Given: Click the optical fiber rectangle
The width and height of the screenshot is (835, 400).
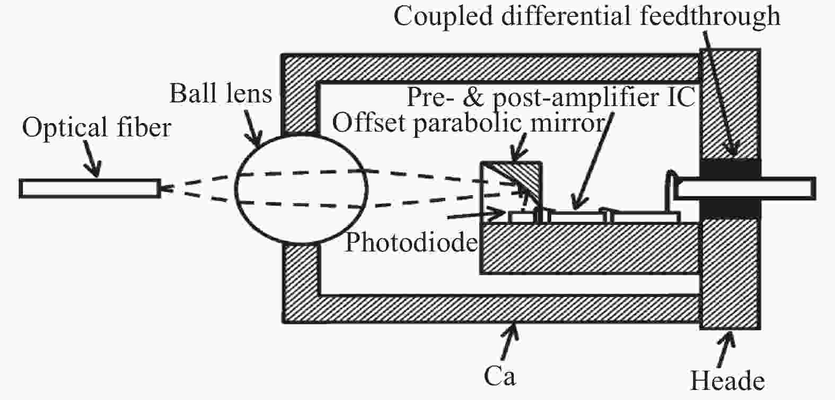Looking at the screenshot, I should [89, 189].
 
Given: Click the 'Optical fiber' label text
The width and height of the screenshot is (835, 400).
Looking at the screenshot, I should [96, 128].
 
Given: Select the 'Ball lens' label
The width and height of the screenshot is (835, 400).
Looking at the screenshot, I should [221, 94].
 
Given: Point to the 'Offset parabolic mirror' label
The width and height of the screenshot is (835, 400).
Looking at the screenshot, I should [468, 123].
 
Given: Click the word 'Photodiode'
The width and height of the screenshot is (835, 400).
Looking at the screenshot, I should [411, 242].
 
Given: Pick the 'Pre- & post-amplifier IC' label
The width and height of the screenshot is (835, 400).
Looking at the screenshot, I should [550, 98].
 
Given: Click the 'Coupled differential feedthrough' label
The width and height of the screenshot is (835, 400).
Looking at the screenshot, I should [586, 16].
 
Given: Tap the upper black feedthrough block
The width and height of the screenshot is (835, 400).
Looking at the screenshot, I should [730, 168].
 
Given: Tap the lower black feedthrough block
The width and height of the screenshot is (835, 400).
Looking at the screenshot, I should [730, 209].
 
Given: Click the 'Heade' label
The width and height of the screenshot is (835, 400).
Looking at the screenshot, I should [727, 381].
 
